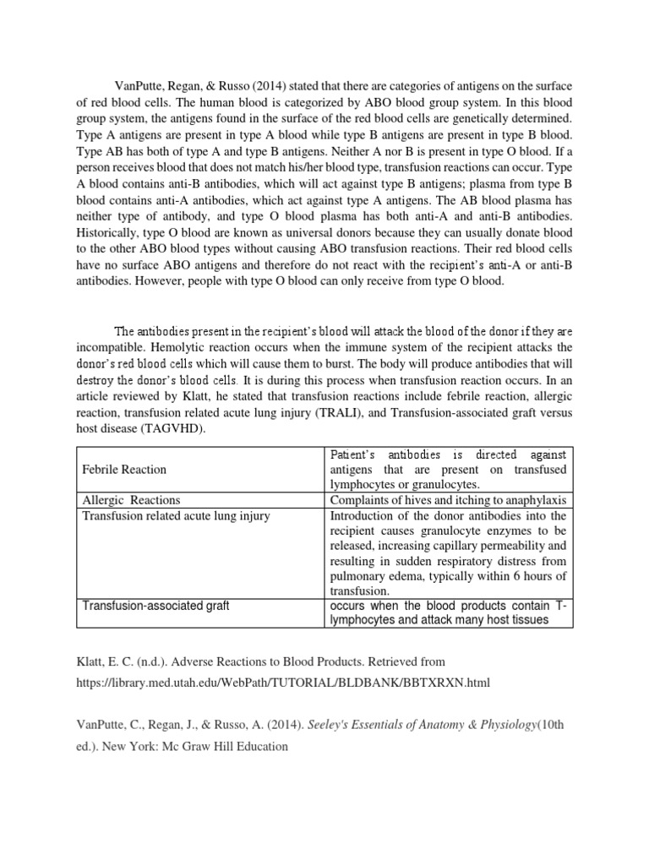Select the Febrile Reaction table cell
124,469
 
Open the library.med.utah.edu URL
283,681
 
